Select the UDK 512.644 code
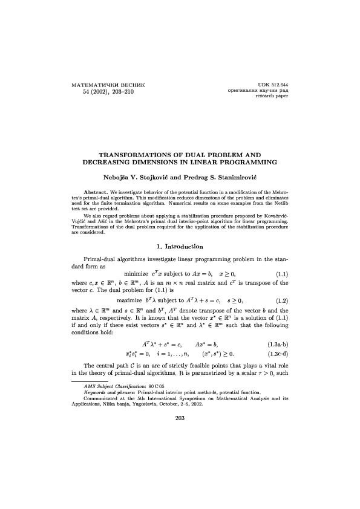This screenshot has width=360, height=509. pos(272,83)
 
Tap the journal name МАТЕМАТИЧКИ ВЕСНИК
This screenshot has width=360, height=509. pos(108,83)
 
